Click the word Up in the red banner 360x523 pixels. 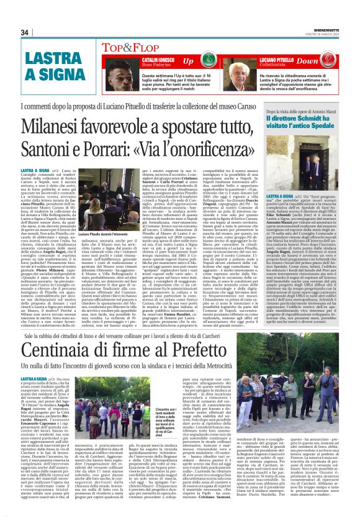click(188, 60)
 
